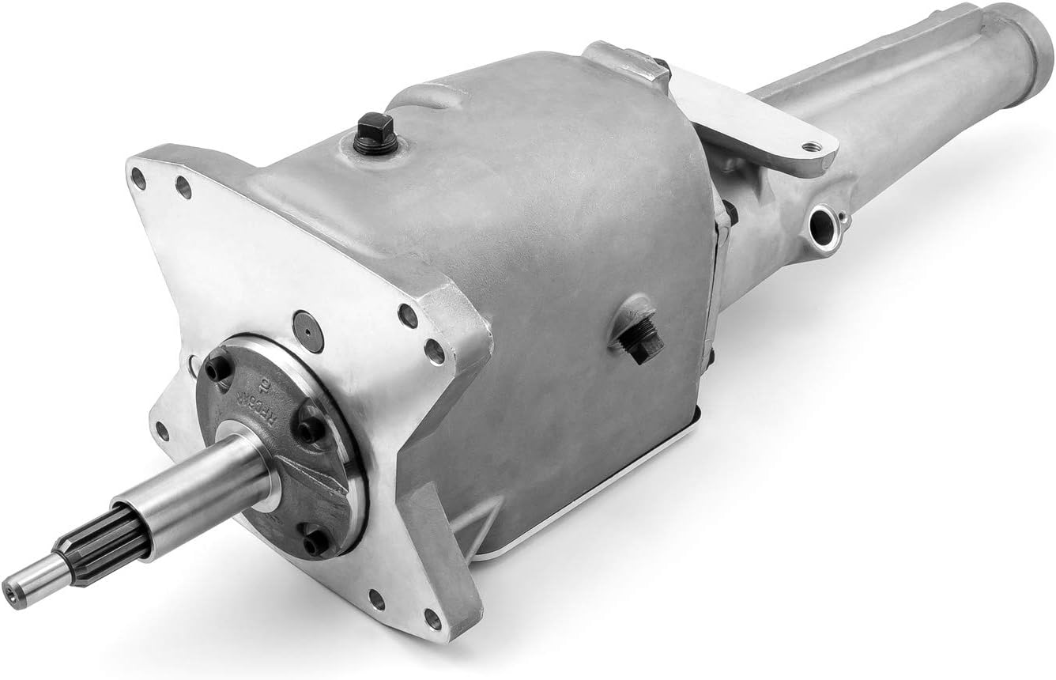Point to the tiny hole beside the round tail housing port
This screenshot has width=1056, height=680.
pyautogui.click(x=843, y=214)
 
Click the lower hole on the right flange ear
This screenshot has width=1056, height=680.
pyautogui.click(x=434, y=349)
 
